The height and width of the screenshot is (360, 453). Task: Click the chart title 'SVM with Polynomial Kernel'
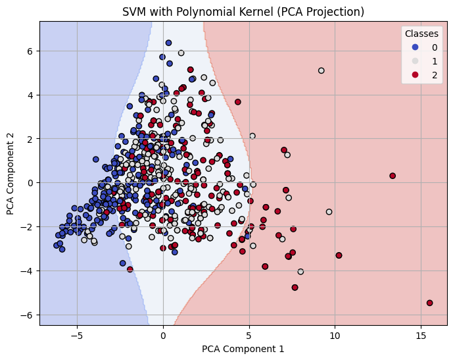243,11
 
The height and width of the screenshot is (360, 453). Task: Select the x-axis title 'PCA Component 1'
243,349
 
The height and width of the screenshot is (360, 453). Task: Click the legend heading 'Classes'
421,34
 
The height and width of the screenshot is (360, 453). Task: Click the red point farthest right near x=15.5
429,303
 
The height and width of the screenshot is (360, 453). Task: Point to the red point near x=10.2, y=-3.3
339,255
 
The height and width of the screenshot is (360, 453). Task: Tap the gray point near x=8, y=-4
300,272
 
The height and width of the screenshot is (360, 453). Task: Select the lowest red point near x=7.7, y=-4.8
295,288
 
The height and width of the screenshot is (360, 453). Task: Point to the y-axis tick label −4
28,270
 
